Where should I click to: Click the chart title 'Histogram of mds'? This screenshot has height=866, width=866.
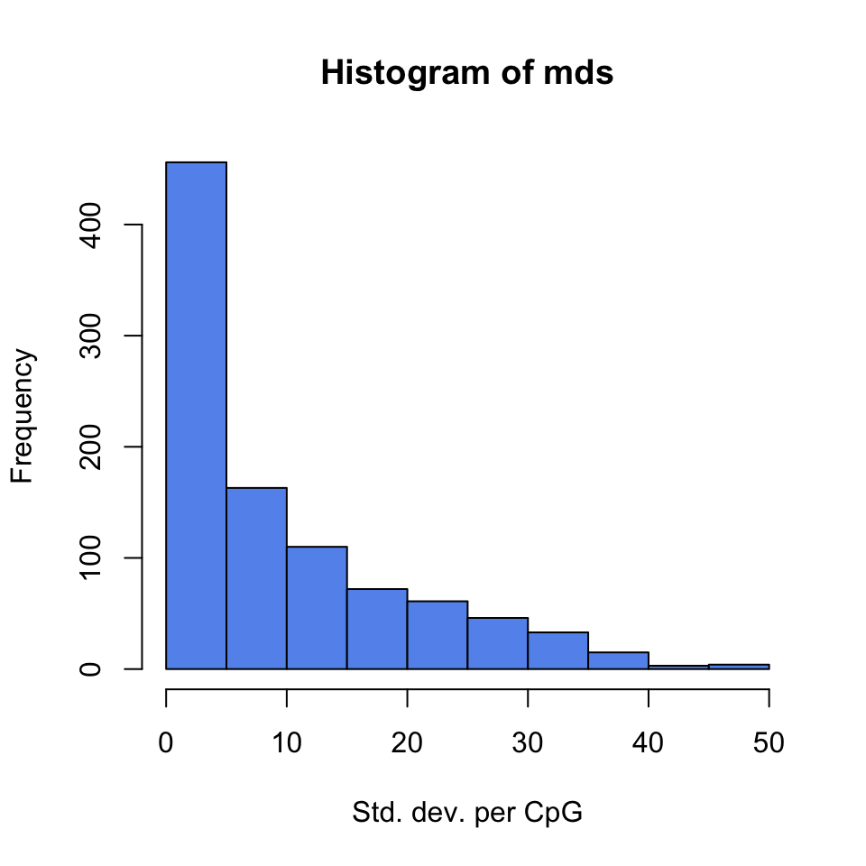[x=467, y=74]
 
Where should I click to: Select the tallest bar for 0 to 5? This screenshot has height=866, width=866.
[x=197, y=415]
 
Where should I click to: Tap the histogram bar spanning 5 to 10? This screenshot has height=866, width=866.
[x=256, y=578]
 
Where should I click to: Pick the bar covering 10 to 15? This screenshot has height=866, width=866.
[x=317, y=608]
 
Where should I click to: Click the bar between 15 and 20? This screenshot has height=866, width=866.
[x=377, y=629]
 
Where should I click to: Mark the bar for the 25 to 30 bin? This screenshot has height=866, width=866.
[x=498, y=643]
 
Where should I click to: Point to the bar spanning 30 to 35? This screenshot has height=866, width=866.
[x=557, y=650]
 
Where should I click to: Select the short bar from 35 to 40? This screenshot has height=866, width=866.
[x=618, y=660]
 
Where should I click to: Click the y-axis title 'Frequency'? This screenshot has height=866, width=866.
[x=23, y=417]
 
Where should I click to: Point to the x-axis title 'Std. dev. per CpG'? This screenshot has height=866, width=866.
[x=467, y=814]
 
